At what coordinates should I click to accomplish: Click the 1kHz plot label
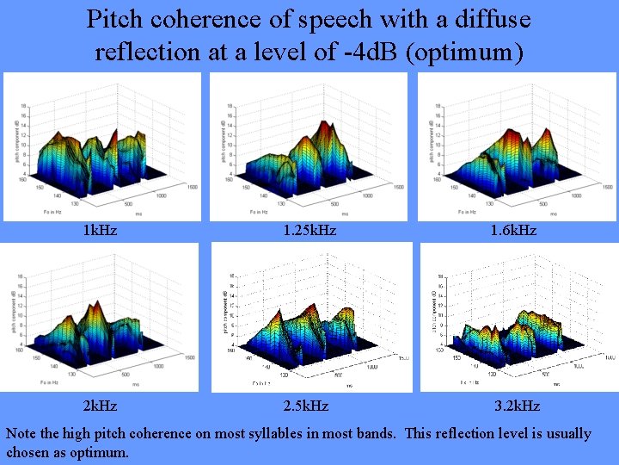[x=100, y=230]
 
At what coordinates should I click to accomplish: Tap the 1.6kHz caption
[x=514, y=230]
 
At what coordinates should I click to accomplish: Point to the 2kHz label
[x=100, y=405]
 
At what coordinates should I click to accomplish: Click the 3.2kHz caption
[x=518, y=405]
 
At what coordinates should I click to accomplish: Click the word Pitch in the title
[x=117, y=19]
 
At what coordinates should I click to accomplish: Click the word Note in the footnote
[x=23, y=433]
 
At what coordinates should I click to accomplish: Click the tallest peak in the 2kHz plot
[x=96, y=306]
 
